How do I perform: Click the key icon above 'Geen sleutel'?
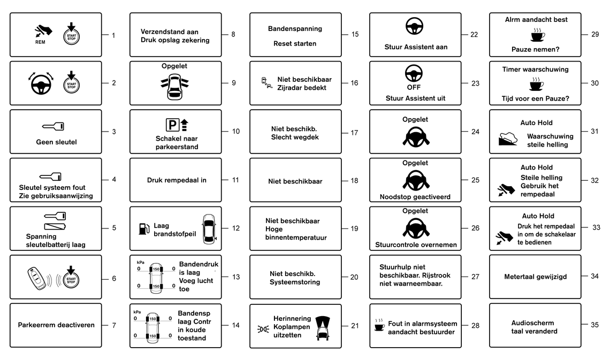[54, 126]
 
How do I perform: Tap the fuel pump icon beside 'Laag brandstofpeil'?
[144, 228]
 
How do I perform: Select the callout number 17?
[354, 133]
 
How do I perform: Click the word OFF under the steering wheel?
[414, 88]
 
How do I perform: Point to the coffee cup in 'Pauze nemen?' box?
[537, 35]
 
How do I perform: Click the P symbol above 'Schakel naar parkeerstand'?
[172, 125]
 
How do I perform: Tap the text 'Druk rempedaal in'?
[177, 180]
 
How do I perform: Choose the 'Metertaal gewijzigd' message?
[535, 277]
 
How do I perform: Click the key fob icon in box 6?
[36, 278]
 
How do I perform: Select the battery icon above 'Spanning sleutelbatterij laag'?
[55, 226]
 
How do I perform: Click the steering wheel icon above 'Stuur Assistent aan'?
[414, 26]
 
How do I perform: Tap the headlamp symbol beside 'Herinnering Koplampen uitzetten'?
[263, 330]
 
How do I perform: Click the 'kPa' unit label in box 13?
[140, 263]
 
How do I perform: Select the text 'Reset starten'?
[295, 43]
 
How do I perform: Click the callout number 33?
[596, 227]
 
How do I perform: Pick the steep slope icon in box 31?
[508, 139]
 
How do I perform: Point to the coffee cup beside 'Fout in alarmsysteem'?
[379, 325]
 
